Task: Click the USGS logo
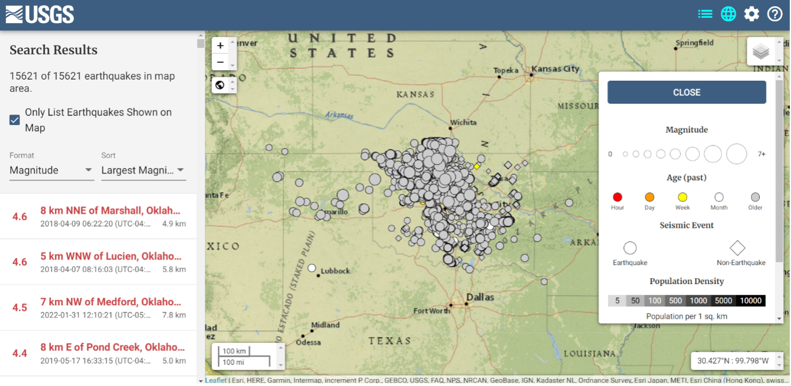[40, 14]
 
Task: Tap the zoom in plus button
[220, 46]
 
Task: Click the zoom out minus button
[220, 62]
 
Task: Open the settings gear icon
[751, 14]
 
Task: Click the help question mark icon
[774, 14]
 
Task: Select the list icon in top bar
[705, 14]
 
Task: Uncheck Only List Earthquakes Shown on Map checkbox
[15, 120]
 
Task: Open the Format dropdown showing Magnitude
[51, 170]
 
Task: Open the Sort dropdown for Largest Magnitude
[143, 170]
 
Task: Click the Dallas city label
[480, 298]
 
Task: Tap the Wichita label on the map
[463, 122]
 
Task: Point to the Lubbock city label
[335, 271]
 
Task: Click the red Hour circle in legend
[617, 197]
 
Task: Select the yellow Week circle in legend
[683, 197]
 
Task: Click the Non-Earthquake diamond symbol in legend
[737, 248]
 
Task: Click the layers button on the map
[761, 52]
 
